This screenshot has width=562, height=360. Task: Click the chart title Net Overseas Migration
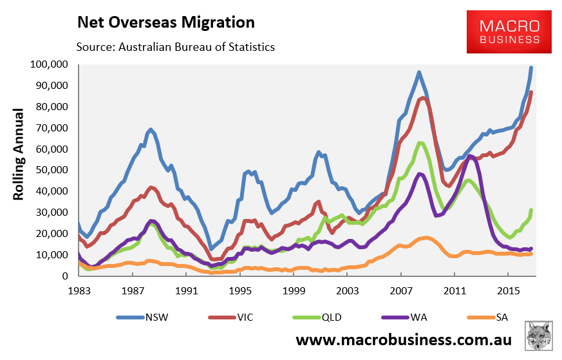[165, 22]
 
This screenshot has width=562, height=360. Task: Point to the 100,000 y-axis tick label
[49, 64]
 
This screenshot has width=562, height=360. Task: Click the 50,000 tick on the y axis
[52, 170]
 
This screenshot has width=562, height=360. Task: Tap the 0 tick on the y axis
[65, 276]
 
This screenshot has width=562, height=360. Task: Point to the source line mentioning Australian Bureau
[175, 47]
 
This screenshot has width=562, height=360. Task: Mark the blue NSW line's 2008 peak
[419, 73]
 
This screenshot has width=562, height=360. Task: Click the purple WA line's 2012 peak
[470, 156]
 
